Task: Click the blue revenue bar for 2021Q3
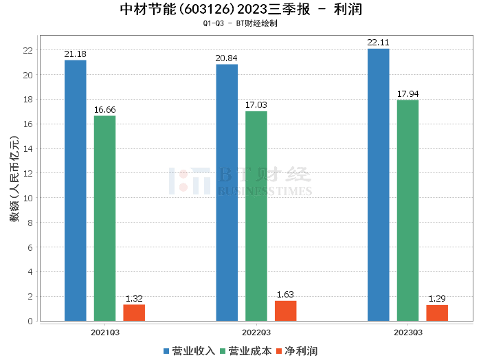pyautogui.click(x=76, y=190)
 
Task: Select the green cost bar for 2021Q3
pyautogui.click(x=105, y=218)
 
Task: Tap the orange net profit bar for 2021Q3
pyautogui.click(x=134, y=313)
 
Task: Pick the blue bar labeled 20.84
pyautogui.click(x=227, y=192)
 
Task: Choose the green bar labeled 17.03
pyautogui.click(x=256, y=216)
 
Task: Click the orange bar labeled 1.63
pyautogui.click(x=285, y=311)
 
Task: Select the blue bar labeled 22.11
pyautogui.click(x=378, y=184)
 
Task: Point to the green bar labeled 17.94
pyautogui.click(x=407, y=210)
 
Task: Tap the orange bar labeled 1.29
pyautogui.click(x=437, y=313)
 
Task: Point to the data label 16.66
pyautogui.click(x=105, y=110)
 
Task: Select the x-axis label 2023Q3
pyautogui.click(x=407, y=332)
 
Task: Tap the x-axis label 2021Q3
pyautogui.click(x=105, y=332)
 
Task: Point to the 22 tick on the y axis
pyautogui.click(x=27, y=50)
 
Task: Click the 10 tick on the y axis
pyautogui.click(x=27, y=198)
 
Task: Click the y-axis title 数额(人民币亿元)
pyautogui.click(x=14, y=184)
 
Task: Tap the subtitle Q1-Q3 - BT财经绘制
pyautogui.click(x=240, y=23)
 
